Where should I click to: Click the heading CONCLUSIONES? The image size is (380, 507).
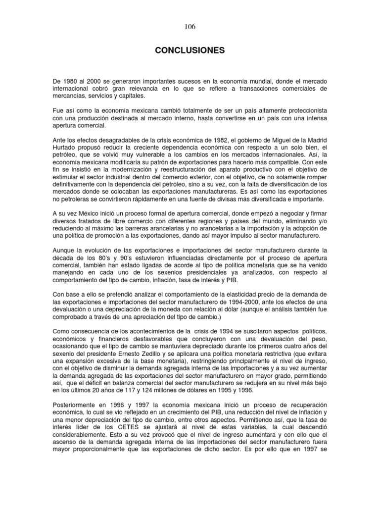tap(190, 51)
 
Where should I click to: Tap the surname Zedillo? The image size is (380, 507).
tap(155, 349)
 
